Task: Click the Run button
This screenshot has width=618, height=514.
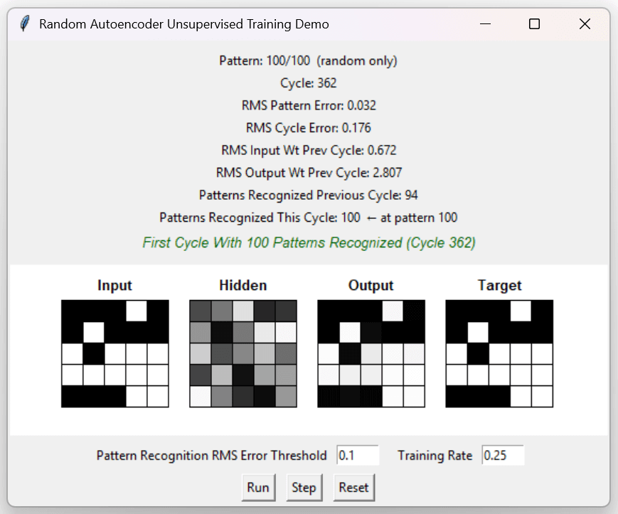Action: pyautogui.click(x=258, y=488)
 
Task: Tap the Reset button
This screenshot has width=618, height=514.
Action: pyautogui.click(x=353, y=488)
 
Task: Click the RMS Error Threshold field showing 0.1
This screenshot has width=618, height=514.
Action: pyautogui.click(x=358, y=455)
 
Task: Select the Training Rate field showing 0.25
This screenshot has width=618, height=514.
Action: pyautogui.click(x=503, y=455)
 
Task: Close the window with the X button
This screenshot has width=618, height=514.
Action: pyautogui.click(x=585, y=24)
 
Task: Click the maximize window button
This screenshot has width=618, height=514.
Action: pyautogui.click(x=534, y=24)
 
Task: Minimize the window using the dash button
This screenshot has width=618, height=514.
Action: pyautogui.click(x=485, y=24)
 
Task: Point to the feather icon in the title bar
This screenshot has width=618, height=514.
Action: pyautogui.click(x=25, y=23)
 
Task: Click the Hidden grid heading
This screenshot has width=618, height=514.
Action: pyautogui.click(x=243, y=285)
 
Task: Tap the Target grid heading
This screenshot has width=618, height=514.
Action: pyautogui.click(x=499, y=285)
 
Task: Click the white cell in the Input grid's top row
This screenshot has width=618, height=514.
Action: pyautogui.click(x=137, y=311)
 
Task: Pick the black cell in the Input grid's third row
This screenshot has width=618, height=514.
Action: pyautogui.click(x=94, y=354)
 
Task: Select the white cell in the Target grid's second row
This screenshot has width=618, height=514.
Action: pyautogui.click(x=478, y=333)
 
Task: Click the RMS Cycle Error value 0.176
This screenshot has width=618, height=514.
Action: pyautogui.click(x=356, y=128)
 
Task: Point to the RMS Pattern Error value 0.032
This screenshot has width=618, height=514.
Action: pyautogui.click(x=361, y=105)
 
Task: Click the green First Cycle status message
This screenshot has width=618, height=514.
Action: pyautogui.click(x=309, y=242)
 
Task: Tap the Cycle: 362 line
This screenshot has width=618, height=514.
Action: pyautogui.click(x=308, y=83)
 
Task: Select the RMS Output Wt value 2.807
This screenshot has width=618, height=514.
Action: pyautogui.click(x=388, y=173)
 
